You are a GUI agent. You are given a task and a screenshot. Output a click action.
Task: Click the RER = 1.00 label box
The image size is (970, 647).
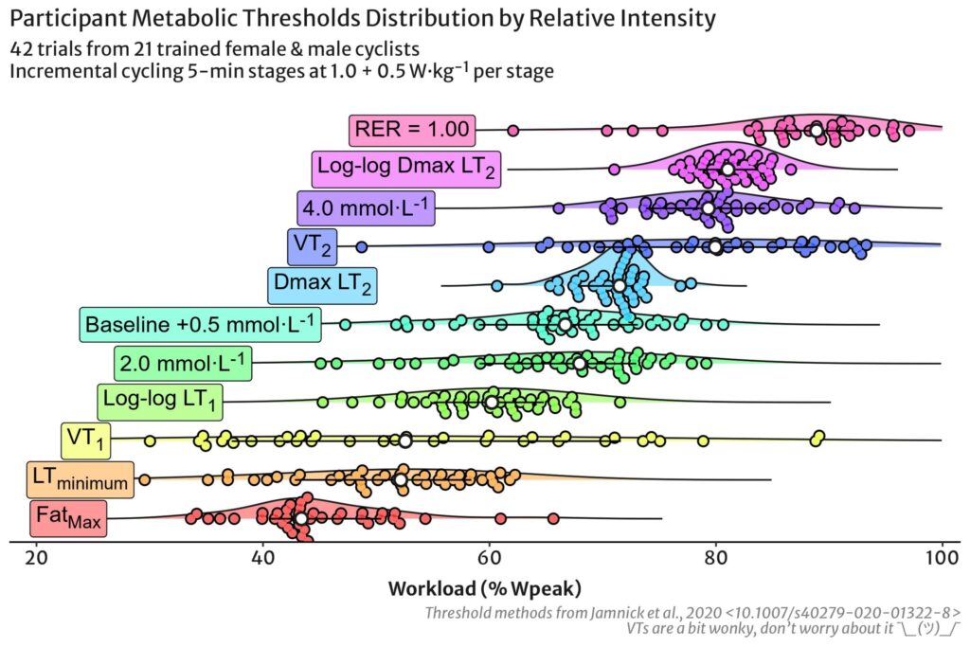[x=411, y=130]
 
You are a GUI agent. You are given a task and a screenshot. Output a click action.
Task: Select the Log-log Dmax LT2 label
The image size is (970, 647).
[x=406, y=169]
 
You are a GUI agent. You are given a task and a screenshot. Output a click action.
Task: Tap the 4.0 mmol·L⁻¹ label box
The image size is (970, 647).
[x=366, y=207]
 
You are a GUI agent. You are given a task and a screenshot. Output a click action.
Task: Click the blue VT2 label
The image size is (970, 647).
[x=312, y=246]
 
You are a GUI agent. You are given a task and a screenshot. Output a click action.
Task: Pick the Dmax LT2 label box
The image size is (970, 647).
[x=322, y=284]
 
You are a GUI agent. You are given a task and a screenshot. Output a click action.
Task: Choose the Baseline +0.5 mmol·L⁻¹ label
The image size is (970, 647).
[x=200, y=324]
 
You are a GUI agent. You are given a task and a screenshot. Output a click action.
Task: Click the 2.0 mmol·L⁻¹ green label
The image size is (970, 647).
[x=183, y=363]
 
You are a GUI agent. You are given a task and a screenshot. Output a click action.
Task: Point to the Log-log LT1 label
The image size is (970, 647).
[x=161, y=402]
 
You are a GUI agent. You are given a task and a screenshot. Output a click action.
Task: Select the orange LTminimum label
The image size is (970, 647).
[x=80, y=480]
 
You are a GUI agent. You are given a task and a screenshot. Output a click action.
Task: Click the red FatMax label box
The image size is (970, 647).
[x=67, y=518]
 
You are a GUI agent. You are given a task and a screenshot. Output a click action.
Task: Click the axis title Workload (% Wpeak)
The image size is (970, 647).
[x=484, y=587]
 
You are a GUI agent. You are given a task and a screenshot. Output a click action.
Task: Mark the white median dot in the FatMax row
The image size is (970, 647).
[x=301, y=518]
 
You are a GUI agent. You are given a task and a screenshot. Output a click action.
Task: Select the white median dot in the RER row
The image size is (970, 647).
[x=817, y=130]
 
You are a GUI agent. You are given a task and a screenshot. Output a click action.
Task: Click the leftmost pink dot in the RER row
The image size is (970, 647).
[x=513, y=130]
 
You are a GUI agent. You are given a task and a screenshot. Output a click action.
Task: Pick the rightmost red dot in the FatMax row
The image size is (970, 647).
[x=553, y=518]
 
